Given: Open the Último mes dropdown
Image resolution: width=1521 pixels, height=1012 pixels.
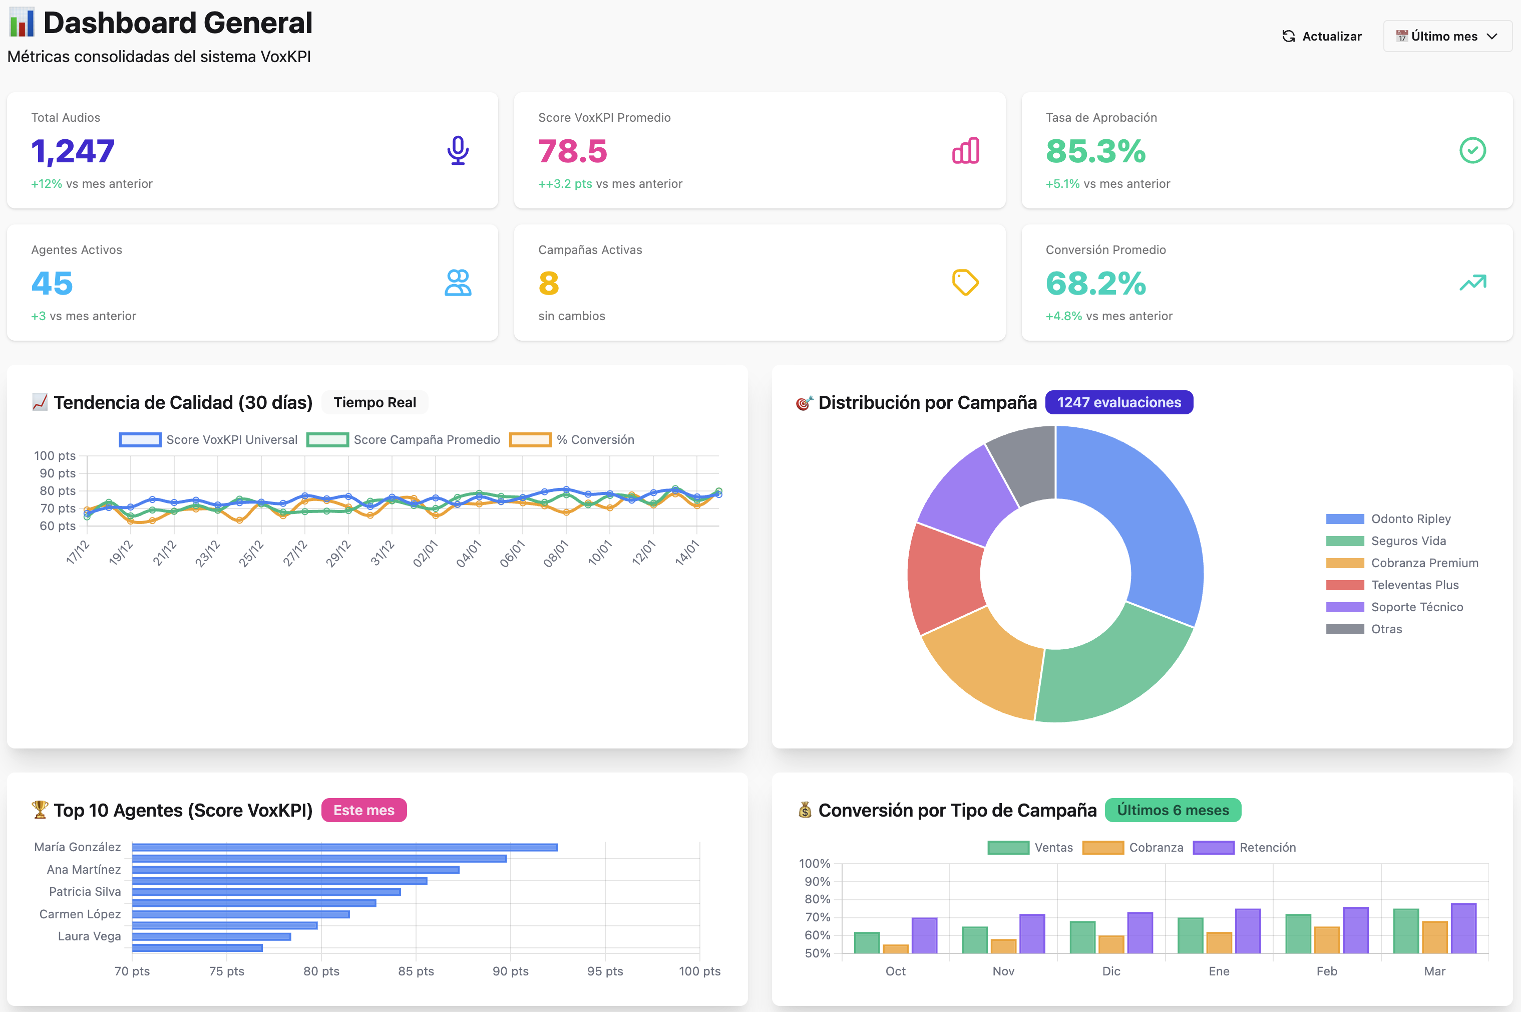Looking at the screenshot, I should click(1447, 36).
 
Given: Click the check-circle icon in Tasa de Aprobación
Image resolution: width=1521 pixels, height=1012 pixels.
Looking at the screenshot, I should click(1472, 150).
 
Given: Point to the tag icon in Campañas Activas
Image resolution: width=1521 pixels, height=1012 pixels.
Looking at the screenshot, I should click(965, 283).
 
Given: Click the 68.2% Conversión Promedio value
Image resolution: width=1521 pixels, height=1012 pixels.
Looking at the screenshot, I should click(1095, 284).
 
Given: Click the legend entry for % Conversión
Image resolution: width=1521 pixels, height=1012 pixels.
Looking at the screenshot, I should click(572, 439).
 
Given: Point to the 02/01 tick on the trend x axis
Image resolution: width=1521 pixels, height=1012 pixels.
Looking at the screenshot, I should click(426, 554).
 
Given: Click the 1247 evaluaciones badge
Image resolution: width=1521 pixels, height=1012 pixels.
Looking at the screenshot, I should click(1118, 403).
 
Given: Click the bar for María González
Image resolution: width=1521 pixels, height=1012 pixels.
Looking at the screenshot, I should click(344, 847).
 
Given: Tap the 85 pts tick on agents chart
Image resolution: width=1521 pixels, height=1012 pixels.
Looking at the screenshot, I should click(416, 971).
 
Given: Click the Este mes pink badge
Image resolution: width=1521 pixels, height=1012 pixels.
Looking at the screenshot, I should click(364, 810).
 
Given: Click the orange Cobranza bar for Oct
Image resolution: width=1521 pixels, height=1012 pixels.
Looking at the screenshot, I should click(895, 949).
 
